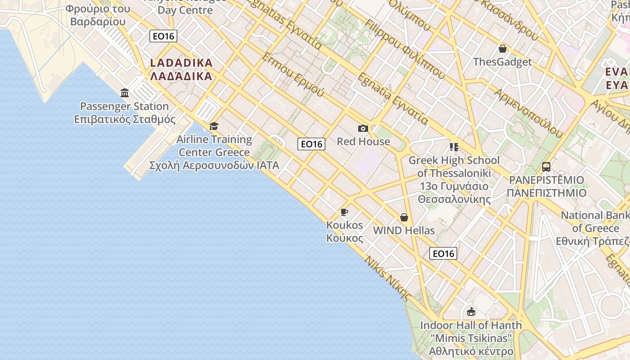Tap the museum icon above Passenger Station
[125, 93]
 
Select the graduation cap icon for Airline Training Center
[214, 126]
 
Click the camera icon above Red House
[363, 129]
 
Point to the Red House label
[363, 141]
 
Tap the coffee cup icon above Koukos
[344, 212]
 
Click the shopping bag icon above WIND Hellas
[404, 218]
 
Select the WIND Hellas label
[404, 230]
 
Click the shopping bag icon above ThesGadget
[503, 49]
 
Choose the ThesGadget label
[503, 62]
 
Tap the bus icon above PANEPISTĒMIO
[546, 167]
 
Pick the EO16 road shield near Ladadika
[163, 36]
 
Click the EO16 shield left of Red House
[311, 144]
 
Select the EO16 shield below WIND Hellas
[444, 253]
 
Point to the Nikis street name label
[388, 278]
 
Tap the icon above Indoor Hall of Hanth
[471, 311]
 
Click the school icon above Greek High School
[454, 147]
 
